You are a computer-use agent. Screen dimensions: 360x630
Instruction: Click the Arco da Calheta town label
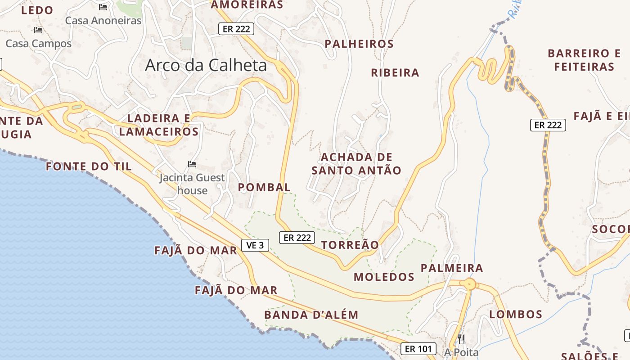[x=206, y=66]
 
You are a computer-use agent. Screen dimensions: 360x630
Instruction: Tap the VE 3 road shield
[x=255, y=245]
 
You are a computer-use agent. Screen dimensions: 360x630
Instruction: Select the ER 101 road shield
[x=418, y=348]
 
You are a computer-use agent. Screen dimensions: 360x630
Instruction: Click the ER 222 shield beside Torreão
[x=297, y=238]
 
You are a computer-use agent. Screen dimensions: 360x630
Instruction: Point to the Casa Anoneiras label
[x=103, y=21]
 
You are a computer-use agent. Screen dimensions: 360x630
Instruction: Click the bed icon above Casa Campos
[x=38, y=30]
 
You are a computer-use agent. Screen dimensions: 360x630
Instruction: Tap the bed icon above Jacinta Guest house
[x=192, y=164]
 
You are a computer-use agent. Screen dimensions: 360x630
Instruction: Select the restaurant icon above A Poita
[x=461, y=339]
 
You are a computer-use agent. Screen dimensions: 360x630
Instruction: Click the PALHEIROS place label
[x=359, y=44]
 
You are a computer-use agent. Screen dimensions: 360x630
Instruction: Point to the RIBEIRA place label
[x=395, y=73]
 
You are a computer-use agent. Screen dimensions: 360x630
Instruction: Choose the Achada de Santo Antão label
[x=356, y=164]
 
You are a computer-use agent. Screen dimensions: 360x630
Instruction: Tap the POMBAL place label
[x=264, y=187]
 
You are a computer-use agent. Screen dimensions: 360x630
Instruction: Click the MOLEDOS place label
[x=384, y=277]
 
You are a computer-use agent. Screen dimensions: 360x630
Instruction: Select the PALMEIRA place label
[x=452, y=268]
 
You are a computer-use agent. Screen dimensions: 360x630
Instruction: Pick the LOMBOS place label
[x=516, y=314]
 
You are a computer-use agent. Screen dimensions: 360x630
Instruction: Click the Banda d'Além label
[x=311, y=315]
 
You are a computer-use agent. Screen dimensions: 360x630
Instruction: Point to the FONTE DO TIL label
[x=89, y=166]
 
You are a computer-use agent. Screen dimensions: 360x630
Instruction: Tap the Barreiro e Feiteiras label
[x=584, y=60]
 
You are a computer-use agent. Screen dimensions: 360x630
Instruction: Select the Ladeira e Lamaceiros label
[x=159, y=125]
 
